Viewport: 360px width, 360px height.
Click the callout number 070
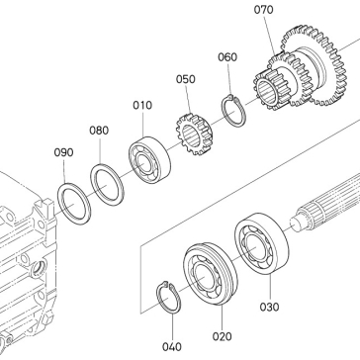tap(263, 10)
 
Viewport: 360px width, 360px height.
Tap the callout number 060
tap(227, 57)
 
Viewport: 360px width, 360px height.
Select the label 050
tap(186, 79)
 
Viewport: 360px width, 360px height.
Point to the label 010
tap(142, 105)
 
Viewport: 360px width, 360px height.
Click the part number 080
tap(99, 131)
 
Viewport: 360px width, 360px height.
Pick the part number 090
tap(63, 152)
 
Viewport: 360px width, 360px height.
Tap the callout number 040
tap(172, 347)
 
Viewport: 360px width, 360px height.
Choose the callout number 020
tap(223, 336)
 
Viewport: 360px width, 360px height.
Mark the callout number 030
tap(269, 307)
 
